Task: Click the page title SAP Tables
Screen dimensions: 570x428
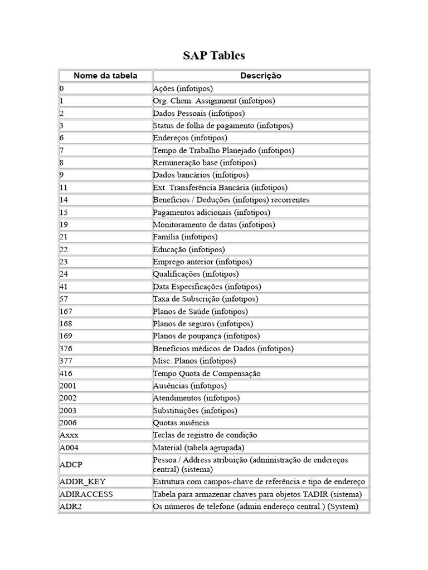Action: point(214,56)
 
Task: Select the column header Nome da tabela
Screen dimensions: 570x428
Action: point(105,76)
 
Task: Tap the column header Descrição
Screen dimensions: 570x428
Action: point(261,76)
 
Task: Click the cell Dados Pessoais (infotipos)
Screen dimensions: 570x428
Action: point(191,113)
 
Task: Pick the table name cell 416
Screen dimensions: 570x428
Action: point(66,374)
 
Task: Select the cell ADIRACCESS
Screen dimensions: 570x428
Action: point(86,494)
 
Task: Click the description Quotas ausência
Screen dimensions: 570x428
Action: point(181,423)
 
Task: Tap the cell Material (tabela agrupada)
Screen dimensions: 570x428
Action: point(198,448)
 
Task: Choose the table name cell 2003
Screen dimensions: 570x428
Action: point(68,411)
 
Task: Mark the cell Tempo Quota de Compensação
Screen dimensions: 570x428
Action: point(207,374)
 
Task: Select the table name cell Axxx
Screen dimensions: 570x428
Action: point(69,435)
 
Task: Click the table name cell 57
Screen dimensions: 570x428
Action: point(64,299)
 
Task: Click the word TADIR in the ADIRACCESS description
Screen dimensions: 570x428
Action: point(316,494)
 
